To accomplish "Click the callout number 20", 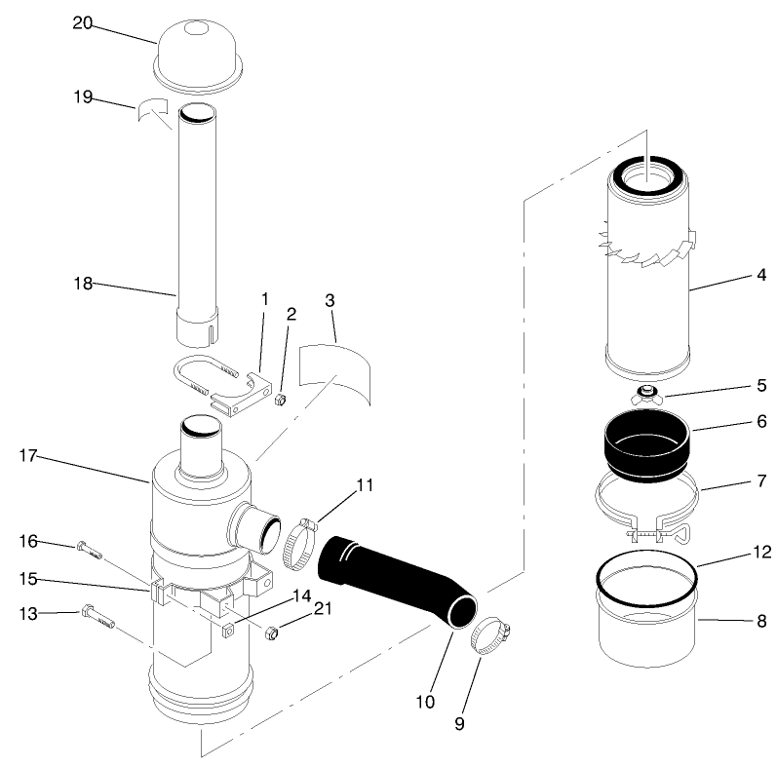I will point(82,23).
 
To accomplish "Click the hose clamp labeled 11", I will point(300,544).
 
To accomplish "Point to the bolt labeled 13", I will point(97,616).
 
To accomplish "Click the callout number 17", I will point(29,454).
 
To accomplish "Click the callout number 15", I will point(29,578).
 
